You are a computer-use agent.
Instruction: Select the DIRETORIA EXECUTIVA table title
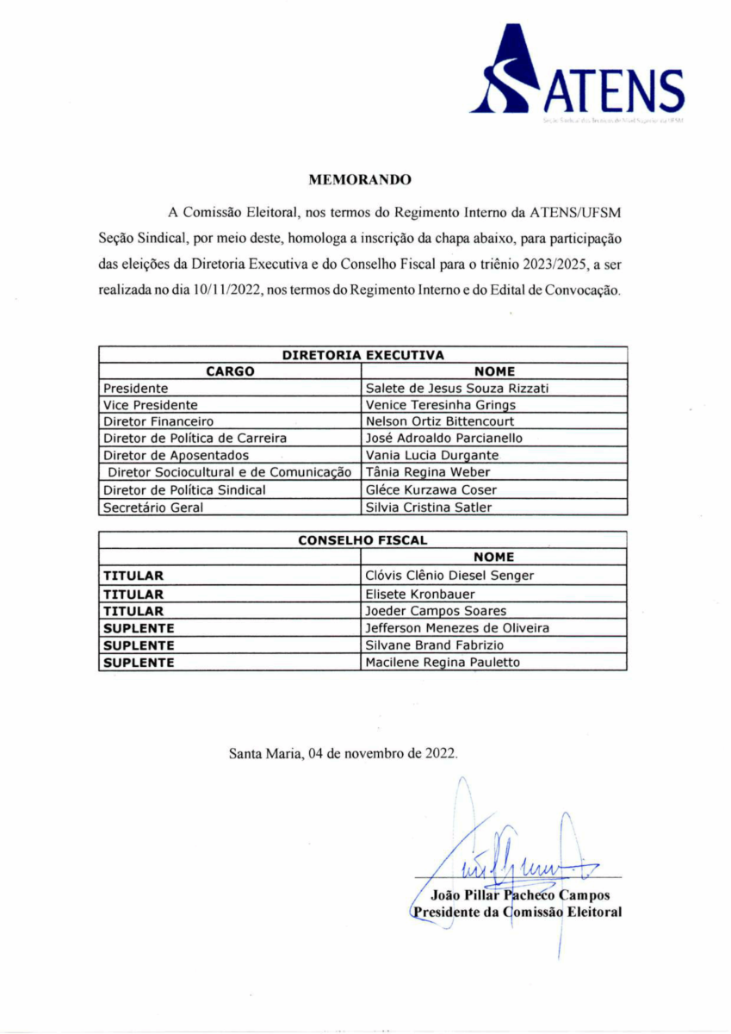point(362,354)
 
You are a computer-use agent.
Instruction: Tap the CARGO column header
point(230,371)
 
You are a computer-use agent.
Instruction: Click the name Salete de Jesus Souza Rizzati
point(457,389)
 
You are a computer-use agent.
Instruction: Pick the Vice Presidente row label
point(151,405)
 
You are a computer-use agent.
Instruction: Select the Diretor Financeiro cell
point(158,422)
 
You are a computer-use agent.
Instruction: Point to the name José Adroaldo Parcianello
point(444,439)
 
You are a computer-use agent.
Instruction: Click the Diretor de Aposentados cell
point(176,456)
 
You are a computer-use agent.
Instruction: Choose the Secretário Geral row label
point(153,508)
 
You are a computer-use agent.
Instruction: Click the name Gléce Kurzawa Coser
point(431,490)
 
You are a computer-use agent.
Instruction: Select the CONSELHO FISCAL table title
point(362,540)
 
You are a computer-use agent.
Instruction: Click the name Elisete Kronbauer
point(420,594)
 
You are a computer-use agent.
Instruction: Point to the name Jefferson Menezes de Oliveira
point(457,628)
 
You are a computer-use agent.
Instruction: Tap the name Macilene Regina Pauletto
point(443,663)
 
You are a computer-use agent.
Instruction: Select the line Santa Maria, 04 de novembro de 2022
point(344,752)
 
